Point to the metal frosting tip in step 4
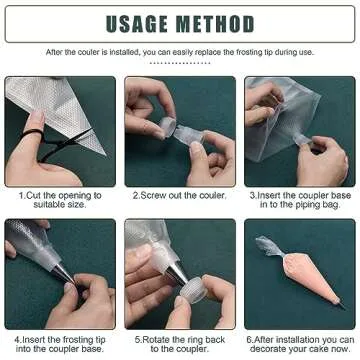tap(62, 274)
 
